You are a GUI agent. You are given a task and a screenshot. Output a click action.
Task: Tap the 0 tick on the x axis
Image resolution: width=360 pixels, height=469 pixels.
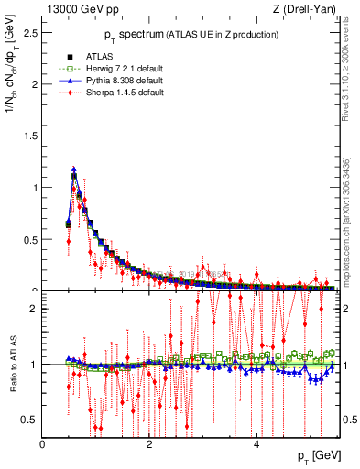tap(43, 443)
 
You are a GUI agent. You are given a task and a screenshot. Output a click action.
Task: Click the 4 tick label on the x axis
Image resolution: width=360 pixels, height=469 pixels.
tap(256, 443)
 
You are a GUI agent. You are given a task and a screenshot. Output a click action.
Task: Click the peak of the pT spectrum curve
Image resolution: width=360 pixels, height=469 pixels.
tap(73, 169)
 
